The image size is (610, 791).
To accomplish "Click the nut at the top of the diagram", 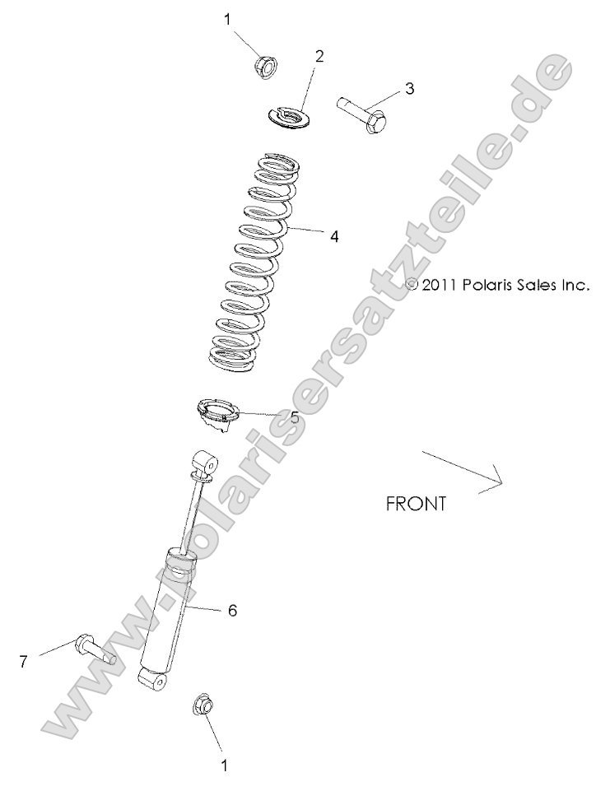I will [267, 63].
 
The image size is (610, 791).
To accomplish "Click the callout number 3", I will [409, 88].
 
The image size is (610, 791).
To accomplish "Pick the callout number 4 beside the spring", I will [333, 236].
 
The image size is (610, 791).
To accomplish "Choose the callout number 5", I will [294, 416].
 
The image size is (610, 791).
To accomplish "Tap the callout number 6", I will [232, 611].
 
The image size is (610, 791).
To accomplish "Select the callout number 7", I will [24, 661].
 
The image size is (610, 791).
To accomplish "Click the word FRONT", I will [416, 504].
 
